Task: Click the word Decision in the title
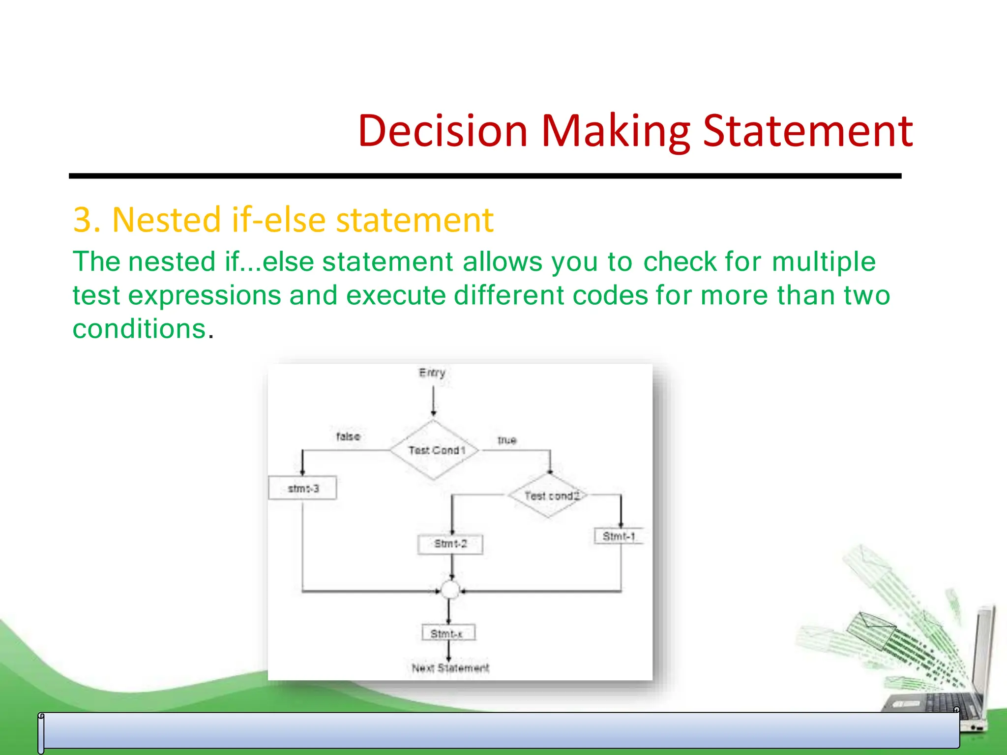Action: (443, 131)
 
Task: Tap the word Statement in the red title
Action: (808, 131)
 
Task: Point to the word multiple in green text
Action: (823, 261)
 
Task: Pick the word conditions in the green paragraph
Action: (139, 328)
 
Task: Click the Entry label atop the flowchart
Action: (432, 373)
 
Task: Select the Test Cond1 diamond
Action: (434, 450)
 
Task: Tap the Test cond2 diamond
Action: (550, 495)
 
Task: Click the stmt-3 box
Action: (302, 488)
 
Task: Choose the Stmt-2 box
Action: (450, 544)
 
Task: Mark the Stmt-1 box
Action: (619, 536)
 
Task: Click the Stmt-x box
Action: (448, 633)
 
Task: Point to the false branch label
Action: (348, 436)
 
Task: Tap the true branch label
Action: (506, 440)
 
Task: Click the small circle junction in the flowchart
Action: (450, 590)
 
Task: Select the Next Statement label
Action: (450, 668)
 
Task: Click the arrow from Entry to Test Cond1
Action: (433, 401)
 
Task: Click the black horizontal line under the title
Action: (484, 176)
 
